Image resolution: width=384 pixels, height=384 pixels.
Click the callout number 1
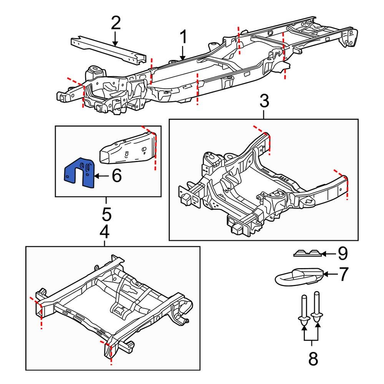[183, 38]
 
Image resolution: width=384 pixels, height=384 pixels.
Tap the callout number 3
[264, 102]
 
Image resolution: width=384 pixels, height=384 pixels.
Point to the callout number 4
[104, 232]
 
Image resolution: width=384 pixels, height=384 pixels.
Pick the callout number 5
[106, 214]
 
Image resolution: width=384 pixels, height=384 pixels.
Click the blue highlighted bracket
[79, 173]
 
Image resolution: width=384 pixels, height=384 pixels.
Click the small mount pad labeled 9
[307, 253]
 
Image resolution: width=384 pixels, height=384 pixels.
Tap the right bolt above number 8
[317, 307]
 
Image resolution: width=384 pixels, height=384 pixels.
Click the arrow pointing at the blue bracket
[101, 176]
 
